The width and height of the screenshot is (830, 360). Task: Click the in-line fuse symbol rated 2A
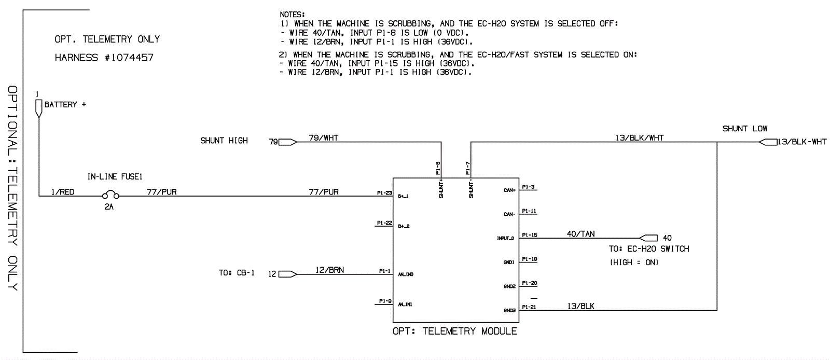coord(110,196)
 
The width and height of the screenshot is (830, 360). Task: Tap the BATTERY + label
coord(65,105)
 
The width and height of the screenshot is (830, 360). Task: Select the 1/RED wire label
coord(63,192)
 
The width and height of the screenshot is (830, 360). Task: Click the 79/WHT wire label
coord(323,137)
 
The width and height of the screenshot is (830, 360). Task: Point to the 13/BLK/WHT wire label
coord(639,137)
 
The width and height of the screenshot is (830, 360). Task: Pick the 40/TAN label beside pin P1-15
coord(580,234)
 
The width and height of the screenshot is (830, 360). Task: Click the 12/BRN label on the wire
coord(329,270)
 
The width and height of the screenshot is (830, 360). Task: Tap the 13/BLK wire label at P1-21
coord(580,306)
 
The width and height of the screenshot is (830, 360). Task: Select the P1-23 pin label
coord(384,193)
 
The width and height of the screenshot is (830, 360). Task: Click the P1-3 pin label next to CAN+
coord(528,187)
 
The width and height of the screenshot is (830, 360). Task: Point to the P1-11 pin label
coord(529,211)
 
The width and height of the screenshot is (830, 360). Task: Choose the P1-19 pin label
coord(529,259)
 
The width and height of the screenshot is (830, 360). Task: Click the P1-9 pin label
coord(385,301)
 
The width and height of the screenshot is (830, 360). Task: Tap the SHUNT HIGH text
coord(224,141)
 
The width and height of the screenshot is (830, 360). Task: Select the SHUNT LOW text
coord(744,129)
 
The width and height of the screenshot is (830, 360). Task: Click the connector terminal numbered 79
coord(287,142)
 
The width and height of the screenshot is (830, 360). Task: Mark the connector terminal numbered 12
coord(287,274)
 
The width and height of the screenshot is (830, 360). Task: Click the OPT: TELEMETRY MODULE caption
coord(454,331)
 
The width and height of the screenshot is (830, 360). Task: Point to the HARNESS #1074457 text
coord(104,58)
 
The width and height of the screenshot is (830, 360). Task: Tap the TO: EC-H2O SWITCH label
coord(648,249)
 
